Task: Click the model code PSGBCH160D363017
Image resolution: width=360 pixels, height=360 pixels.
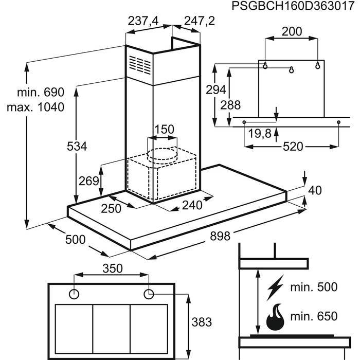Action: tap(293, 6)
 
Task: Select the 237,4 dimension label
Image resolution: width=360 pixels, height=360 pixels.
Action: tap(143, 22)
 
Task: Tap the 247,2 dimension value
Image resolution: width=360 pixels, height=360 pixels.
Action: tap(200, 21)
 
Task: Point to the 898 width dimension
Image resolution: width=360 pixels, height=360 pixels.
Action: tap(220, 236)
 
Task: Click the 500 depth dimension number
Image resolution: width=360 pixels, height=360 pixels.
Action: tap(75, 240)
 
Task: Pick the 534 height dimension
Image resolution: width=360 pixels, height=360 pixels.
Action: tap(77, 146)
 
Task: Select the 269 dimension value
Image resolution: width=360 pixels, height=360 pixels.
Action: tap(89, 181)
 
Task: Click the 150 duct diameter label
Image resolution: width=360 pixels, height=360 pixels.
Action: tap(164, 129)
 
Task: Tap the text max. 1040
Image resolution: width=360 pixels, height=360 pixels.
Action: tap(35, 107)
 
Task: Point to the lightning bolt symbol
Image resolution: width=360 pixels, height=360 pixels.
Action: tap(275, 287)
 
